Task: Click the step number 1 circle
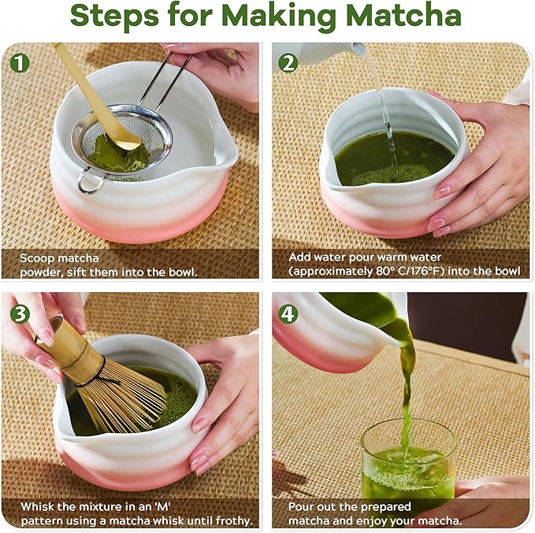pos(20,61)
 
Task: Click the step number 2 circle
pos(288,61)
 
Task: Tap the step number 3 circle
pos(20,313)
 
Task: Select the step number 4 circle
pos(288,313)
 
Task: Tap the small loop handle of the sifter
pos(89,184)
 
